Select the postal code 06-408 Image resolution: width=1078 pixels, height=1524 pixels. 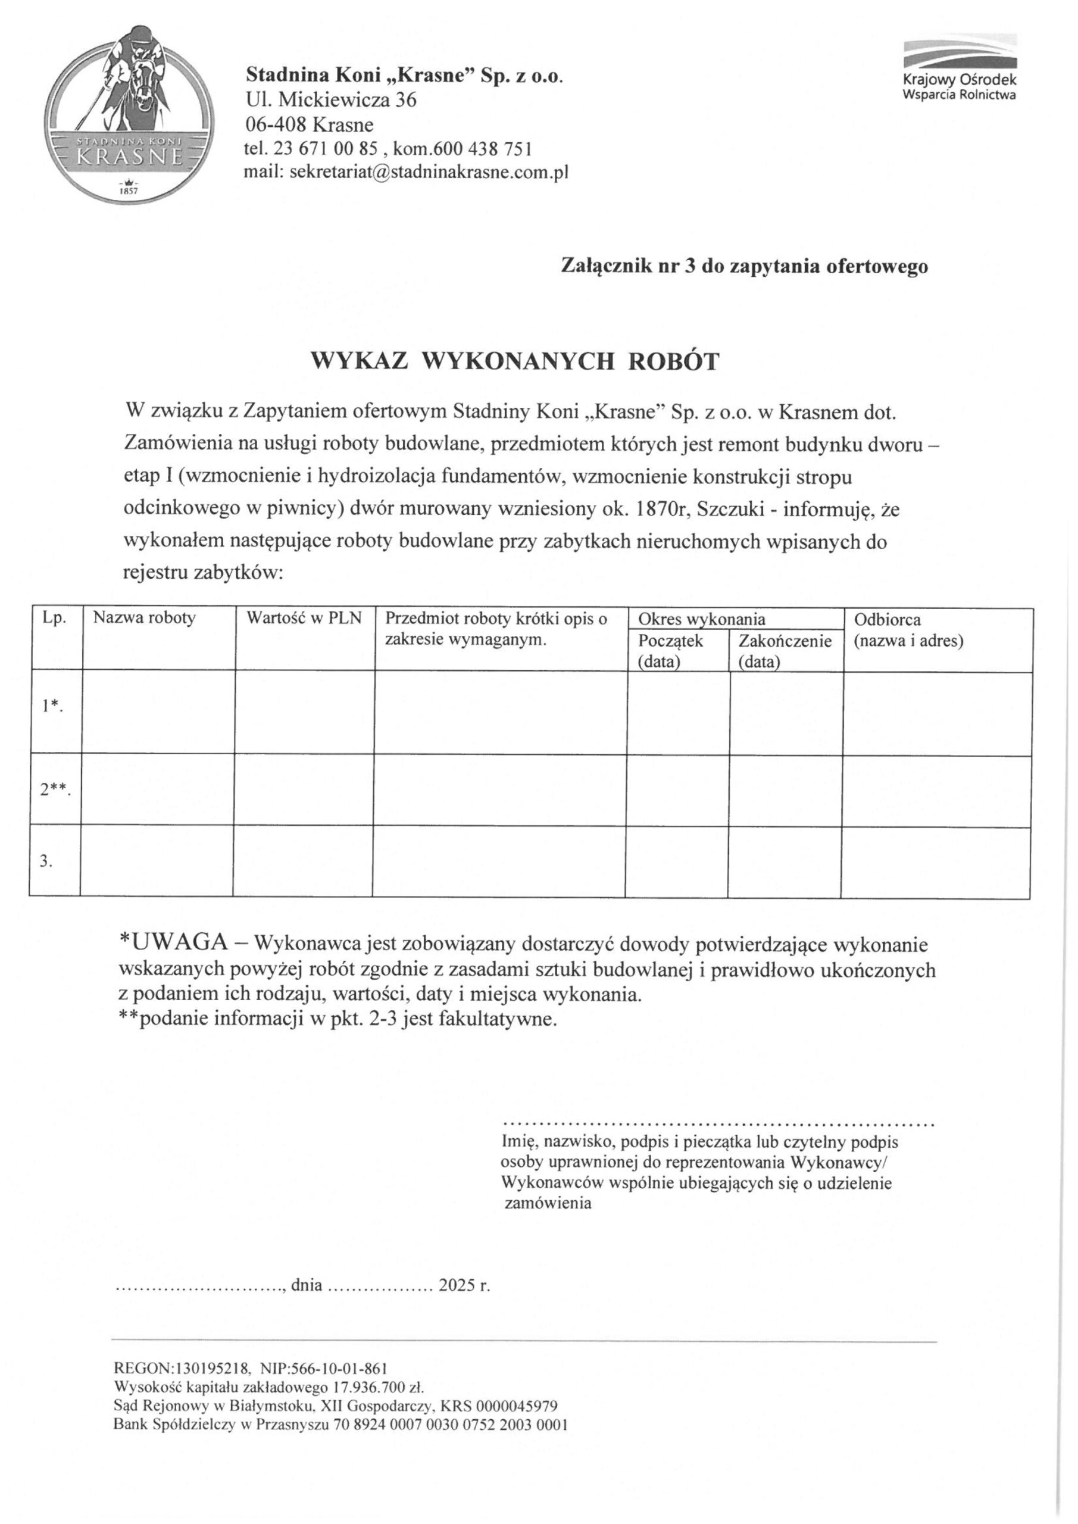[x=275, y=124]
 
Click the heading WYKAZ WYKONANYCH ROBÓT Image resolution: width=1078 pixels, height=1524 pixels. [x=515, y=361]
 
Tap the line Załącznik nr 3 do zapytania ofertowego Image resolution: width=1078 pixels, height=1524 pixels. [x=744, y=266]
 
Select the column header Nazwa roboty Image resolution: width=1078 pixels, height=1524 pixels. [x=144, y=618]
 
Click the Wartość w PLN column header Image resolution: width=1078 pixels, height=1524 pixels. [x=304, y=618]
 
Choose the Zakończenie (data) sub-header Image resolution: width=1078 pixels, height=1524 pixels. [x=785, y=651]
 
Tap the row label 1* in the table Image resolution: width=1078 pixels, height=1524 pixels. [x=52, y=706]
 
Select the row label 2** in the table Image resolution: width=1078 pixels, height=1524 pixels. [x=54, y=790]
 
